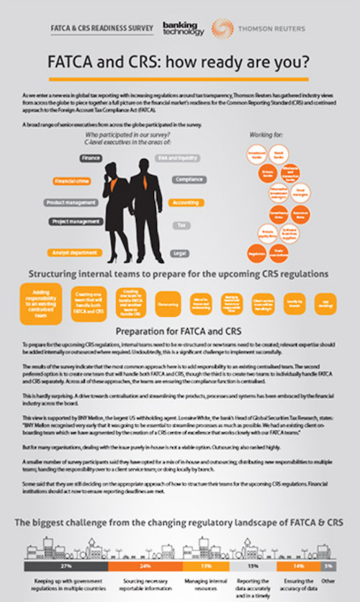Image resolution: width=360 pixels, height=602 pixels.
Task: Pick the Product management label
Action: point(71,203)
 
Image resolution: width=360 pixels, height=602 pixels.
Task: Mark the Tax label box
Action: point(183,225)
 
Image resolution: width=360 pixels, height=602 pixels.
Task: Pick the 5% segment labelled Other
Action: point(328,567)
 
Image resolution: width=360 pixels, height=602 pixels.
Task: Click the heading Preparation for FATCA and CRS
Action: point(180,332)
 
